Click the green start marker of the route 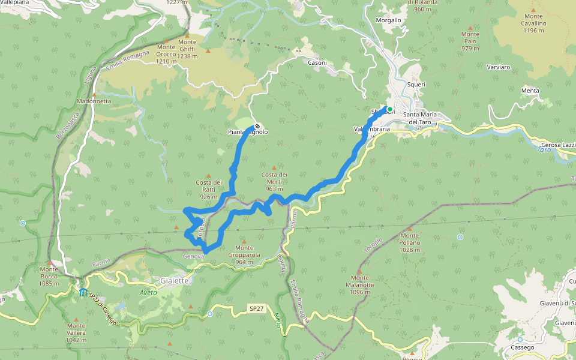pos(389,109)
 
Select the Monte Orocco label pos(166,54)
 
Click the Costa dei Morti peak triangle pos(275,167)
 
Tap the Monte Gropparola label pos(244,254)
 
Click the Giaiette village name pos(175,280)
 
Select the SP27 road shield pos(256,308)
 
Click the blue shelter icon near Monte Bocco pos(82,292)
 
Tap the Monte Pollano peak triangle pos(409,229)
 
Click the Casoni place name pos(317,62)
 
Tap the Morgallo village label pos(388,20)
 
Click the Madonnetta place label pos(94,101)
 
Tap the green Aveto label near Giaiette pos(148,292)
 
